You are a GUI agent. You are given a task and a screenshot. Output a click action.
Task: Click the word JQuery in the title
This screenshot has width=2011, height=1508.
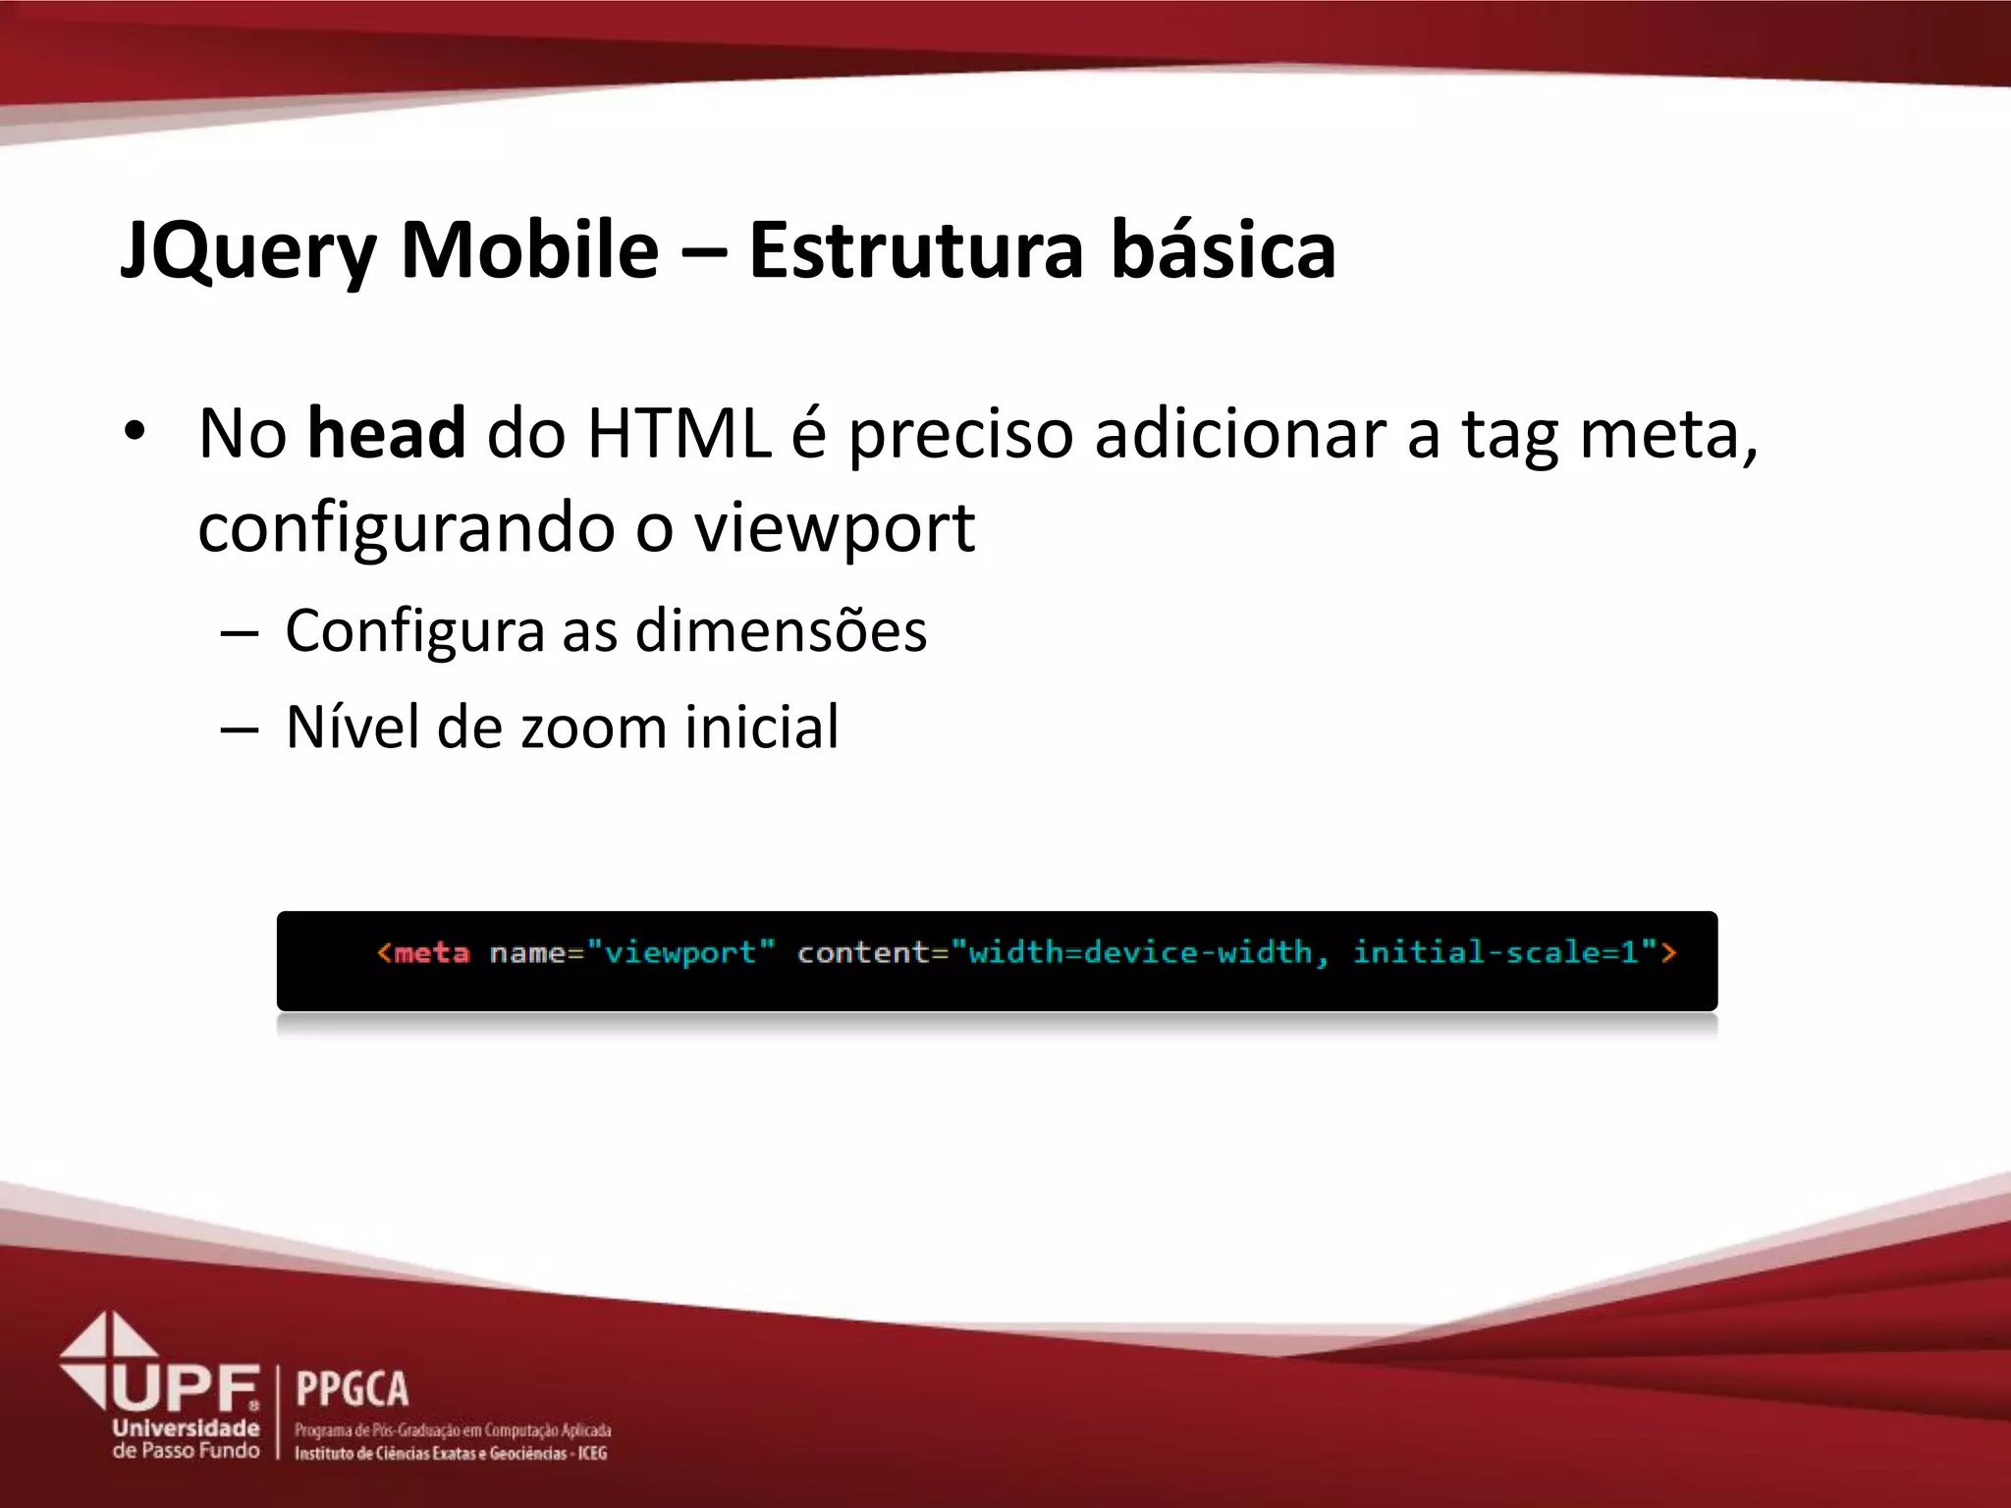pyautogui.click(x=247, y=251)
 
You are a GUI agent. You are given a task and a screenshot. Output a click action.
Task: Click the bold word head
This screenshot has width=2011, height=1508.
pyautogui.click(x=386, y=433)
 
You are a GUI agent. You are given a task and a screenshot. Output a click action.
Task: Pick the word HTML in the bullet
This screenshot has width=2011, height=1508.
pyautogui.click(x=679, y=433)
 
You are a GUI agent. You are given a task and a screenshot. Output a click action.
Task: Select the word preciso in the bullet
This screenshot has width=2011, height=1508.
pyautogui.click(x=960, y=435)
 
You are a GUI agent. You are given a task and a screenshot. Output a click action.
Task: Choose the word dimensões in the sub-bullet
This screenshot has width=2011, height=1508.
pyautogui.click(x=781, y=630)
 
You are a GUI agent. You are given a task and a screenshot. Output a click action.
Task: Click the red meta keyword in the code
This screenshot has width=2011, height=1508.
pyautogui.click(x=431, y=952)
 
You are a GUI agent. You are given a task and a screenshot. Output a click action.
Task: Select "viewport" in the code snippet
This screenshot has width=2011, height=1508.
pyautogui.click(x=680, y=952)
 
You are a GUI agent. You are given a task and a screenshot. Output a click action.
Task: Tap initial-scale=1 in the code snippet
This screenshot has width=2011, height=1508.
pyautogui.click(x=1495, y=952)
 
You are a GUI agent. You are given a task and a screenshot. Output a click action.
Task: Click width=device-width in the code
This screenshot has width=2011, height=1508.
pyautogui.click(x=1140, y=952)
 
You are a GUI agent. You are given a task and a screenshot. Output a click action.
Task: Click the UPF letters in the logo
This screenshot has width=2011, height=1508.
pyautogui.click(x=187, y=1388)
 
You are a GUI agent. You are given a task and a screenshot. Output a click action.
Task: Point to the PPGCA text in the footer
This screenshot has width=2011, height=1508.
pyautogui.click(x=352, y=1389)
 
